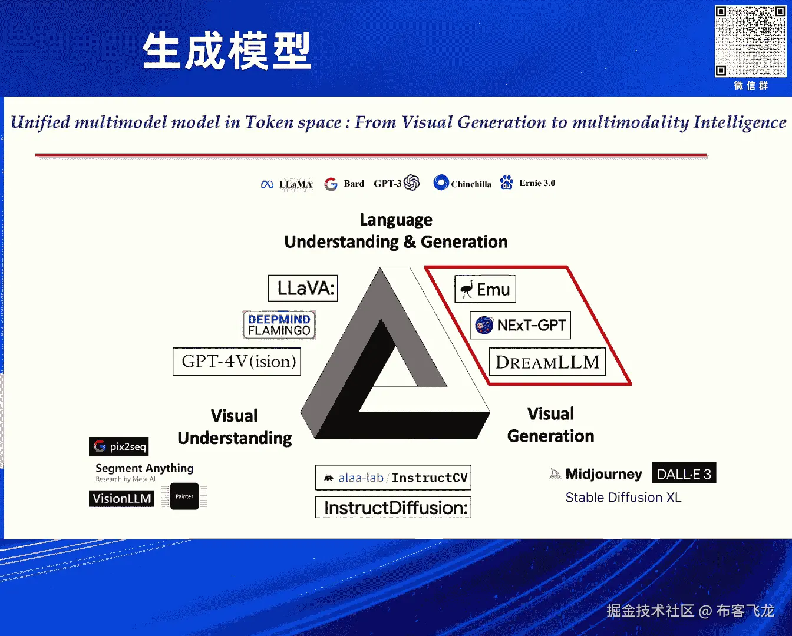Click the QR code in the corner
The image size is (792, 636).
point(750,41)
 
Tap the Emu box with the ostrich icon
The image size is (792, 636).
point(485,289)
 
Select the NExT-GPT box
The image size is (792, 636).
point(520,325)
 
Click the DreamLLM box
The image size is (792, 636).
point(547,362)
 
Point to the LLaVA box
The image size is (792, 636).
point(303,288)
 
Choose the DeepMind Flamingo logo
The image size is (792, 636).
point(279,325)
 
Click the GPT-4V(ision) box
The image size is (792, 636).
point(237,362)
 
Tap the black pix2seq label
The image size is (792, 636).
point(119,446)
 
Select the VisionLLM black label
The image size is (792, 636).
point(121,498)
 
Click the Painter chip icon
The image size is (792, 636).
point(184,496)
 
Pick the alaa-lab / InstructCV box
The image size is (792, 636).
point(393,478)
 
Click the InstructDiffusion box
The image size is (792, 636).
point(393,507)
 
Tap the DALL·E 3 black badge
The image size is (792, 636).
point(684,473)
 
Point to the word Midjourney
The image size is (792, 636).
point(603,474)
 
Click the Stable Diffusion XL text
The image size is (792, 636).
point(623,498)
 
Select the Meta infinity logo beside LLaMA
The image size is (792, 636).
point(267,184)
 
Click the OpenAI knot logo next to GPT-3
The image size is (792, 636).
point(411,183)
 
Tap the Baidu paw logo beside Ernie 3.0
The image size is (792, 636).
point(506,182)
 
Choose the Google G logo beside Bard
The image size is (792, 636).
point(331,184)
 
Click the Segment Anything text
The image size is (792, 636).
point(144,468)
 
